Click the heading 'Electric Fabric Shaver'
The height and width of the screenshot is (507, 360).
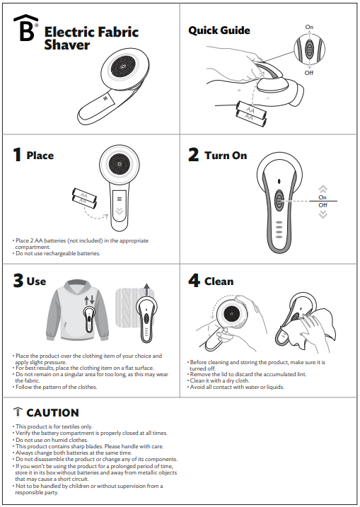click(91, 38)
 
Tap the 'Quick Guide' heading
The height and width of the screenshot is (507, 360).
click(219, 30)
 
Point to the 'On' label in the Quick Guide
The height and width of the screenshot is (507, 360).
click(309, 27)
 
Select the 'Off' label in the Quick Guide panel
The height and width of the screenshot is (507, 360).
click(309, 73)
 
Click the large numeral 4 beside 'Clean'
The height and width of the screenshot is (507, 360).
click(194, 281)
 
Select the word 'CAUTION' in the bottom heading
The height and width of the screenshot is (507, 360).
click(52, 413)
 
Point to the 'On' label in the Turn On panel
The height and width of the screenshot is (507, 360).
click(323, 197)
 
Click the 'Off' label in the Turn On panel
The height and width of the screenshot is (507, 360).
click(323, 205)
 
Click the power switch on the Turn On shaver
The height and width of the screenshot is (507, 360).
click(280, 200)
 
